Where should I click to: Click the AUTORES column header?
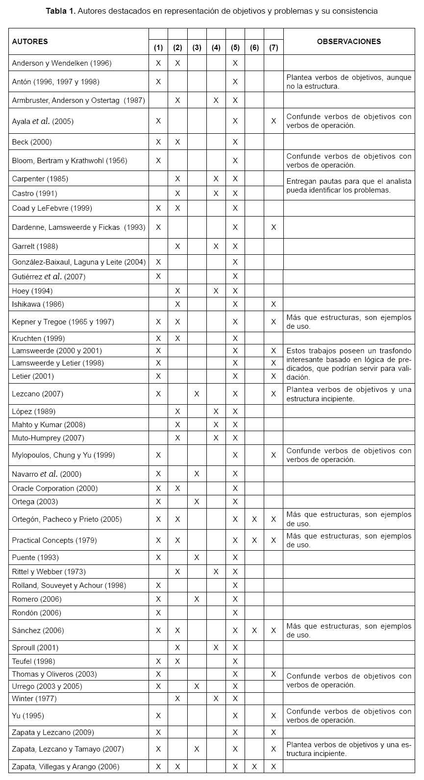point(30,42)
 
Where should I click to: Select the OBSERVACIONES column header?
point(349,42)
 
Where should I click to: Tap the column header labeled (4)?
point(216,48)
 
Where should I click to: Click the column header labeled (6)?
point(254,48)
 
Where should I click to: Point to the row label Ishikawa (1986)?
point(38,304)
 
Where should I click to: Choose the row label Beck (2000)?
point(32,142)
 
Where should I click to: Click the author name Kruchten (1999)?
point(38,339)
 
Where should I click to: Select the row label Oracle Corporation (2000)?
point(54,488)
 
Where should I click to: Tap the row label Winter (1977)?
point(34,699)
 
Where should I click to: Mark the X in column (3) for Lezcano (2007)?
point(197,394)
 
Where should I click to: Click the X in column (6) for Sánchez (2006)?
point(254,631)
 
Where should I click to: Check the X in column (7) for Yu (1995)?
point(274,716)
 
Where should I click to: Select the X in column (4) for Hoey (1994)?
point(216,291)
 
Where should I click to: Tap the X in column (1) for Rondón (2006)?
point(158,613)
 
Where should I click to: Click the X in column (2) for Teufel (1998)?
point(177,661)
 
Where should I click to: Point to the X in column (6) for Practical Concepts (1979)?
point(254,540)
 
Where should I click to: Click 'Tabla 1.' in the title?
point(61,11)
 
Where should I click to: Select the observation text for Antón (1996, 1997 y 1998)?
point(349,82)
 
